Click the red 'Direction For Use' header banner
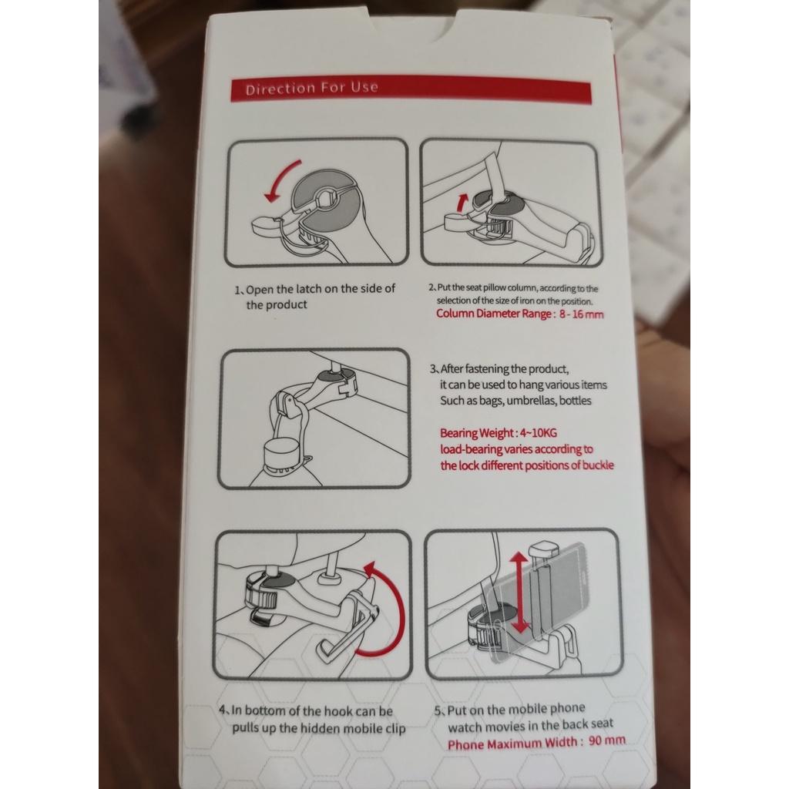(411, 89)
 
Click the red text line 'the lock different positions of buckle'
(527, 465)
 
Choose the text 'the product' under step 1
(277, 305)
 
